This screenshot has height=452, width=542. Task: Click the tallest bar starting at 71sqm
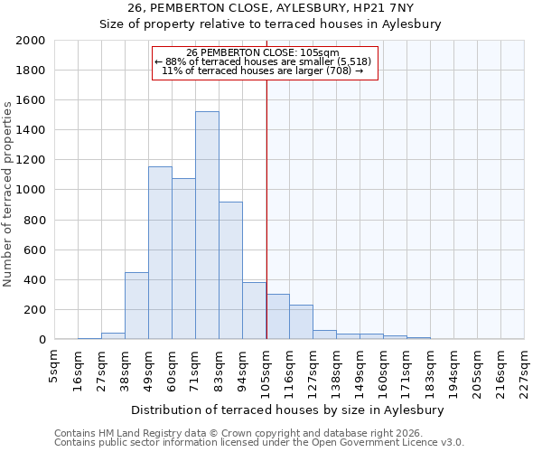tap(207, 226)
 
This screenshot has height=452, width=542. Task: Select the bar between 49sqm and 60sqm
tap(160, 253)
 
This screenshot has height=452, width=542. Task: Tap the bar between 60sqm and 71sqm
tap(183, 259)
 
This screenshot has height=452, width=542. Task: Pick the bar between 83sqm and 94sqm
tap(230, 270)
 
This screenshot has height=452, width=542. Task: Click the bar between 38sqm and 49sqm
tap(136, 306)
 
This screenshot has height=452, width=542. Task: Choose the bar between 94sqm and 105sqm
tap(254, 311)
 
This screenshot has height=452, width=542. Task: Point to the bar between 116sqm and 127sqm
tap(301, 322)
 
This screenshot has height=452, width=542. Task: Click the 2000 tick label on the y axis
tap(30, 41)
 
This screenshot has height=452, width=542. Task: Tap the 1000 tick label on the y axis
tap(30, 191)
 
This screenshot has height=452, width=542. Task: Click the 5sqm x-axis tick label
tap(55, 364)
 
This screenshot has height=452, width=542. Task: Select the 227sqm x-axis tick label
tap(525, 369)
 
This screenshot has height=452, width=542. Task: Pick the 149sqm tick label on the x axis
tap(360, 369)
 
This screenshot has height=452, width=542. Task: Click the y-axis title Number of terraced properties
tap(9, 193)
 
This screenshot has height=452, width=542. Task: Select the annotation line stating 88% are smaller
tap(263, 61)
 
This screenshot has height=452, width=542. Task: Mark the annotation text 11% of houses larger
tap(263, 71)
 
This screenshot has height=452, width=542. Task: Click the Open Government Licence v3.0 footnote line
tap(259, 443)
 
